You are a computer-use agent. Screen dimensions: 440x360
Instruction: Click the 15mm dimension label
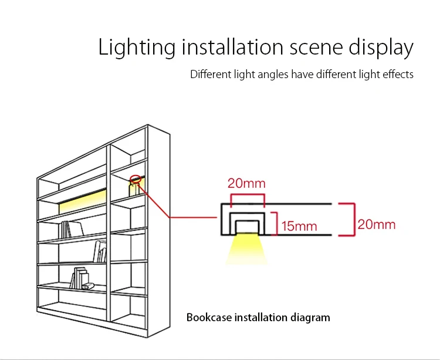(299, 226)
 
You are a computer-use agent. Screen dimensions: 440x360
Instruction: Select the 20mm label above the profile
(246, 183)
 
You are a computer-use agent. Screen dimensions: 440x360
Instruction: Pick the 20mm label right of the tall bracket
(377, 224)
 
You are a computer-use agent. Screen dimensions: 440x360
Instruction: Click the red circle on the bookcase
(136, 179)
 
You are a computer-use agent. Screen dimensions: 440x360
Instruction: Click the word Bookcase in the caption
(209, 318)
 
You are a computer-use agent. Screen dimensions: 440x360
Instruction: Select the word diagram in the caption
(310, 318)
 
